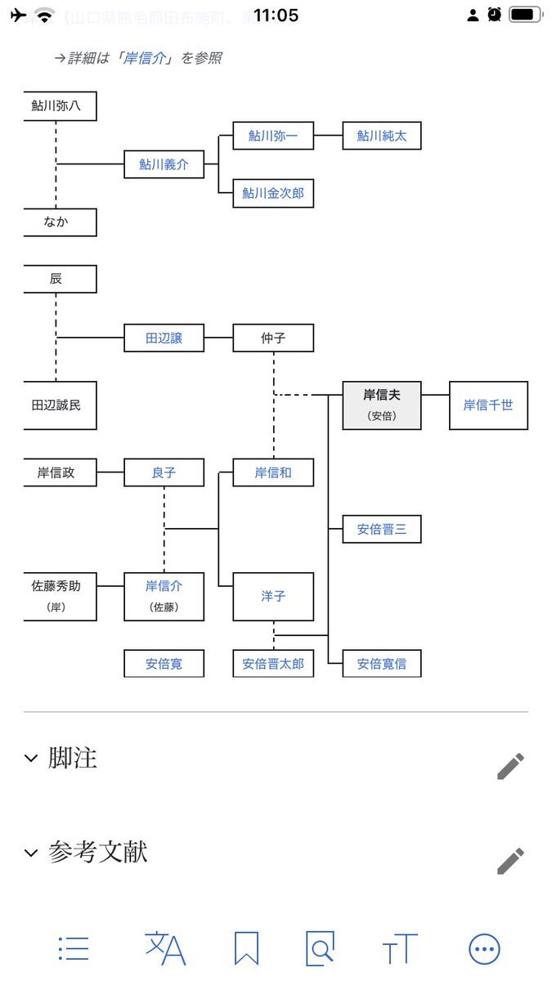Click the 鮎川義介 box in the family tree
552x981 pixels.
tap(164, 164)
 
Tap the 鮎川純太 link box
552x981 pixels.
tap(381, 136)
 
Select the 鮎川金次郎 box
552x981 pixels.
tap(273, 193)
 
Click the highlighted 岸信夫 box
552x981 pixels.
tap(381, 405)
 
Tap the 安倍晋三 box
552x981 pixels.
tap(381, 530)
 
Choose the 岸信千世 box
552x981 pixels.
tap(488, 405)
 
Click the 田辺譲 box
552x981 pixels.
tap(164, 338)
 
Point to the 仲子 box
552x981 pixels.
tap(273, 338)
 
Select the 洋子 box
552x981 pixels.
tap(273, 597)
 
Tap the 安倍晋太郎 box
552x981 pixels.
tap(273, 664)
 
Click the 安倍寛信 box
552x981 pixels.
tap(381, 664)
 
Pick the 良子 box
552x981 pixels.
tap(164, 473)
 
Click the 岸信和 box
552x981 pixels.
tap(273, 473)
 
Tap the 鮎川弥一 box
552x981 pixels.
tap(273, 136)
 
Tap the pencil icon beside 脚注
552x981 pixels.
tap(510, 766)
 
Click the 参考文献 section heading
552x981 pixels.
tap(97, 853)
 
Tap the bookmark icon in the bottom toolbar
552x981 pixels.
tap(246, 949)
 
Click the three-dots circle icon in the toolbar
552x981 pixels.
tap(484, 949)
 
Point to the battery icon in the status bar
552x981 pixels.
tap(526, 15)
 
